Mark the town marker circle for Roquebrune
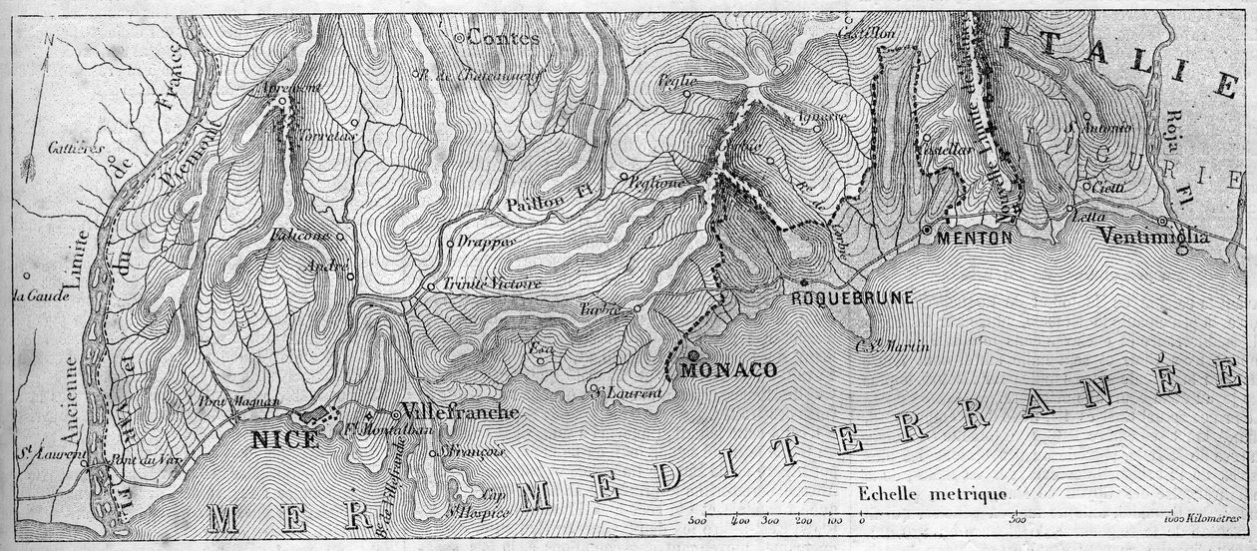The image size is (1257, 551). pyautogui.click(x=803, y=282)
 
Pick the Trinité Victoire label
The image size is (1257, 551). pyautogui.click(x=492, y=284)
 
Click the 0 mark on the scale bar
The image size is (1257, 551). pyautogui.click(x=861, y=519)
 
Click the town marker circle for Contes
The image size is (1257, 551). pyautogui.click(x=459, y=38)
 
